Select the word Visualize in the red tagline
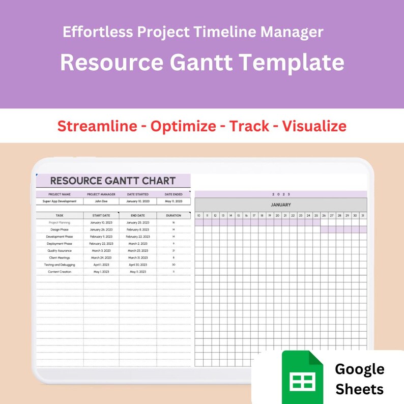(x=314, y=126)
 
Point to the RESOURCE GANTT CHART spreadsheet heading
(x=113, y=181)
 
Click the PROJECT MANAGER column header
(x=101, y=194)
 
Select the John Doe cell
(x=101, y=201)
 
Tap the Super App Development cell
(x=60, y=201)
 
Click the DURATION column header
(x=174, y=215)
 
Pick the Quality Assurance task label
(x=60, y=250)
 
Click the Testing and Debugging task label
(x=60, y=265)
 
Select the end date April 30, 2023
(x=138, y=265)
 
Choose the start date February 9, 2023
(x=101, y=237)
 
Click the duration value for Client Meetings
(x=174, y=257)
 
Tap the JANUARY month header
(x=280, y=205)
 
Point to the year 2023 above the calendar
(x=280, y=194)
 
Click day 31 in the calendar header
(x=362, y=216)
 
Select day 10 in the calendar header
(x=199, y=216)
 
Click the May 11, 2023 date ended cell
(x=174, y=201)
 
